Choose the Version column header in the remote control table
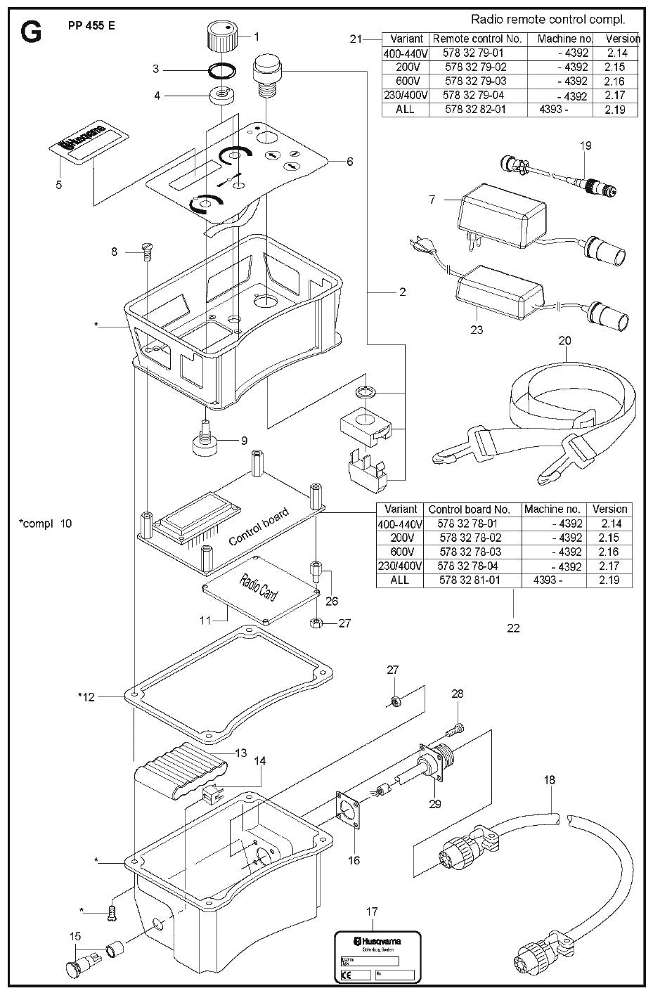click(621, 39)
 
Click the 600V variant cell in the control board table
click(401, 552)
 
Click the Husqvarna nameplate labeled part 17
click(376, 956)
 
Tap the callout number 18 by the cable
click(549, 779)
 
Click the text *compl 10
click(46, 524)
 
